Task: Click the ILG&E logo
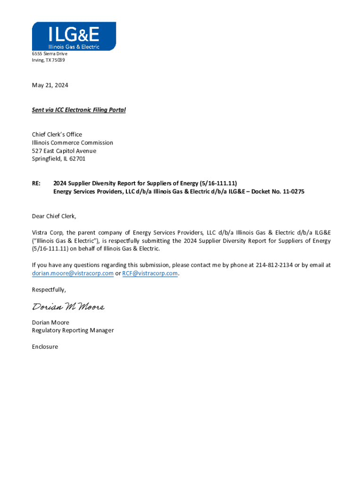point(74,36)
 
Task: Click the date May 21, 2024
point(50,85)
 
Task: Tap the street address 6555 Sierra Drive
point(49,54)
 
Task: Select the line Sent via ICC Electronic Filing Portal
point(79,110)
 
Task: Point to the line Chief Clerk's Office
point(57,135)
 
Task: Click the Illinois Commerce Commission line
point(73,143)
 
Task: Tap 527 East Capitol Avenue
point(64,151)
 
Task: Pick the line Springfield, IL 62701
point(59,159)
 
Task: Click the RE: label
point(36,184)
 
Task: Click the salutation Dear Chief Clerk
point(54,216)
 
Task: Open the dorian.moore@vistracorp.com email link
point(73,273)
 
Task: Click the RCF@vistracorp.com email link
point(150,273)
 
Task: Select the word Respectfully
point(49,289)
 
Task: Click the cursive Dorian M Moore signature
point(68,307)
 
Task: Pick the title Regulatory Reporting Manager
point(73,330)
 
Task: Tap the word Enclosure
point(45,347)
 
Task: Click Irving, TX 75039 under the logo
point(49,60)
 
